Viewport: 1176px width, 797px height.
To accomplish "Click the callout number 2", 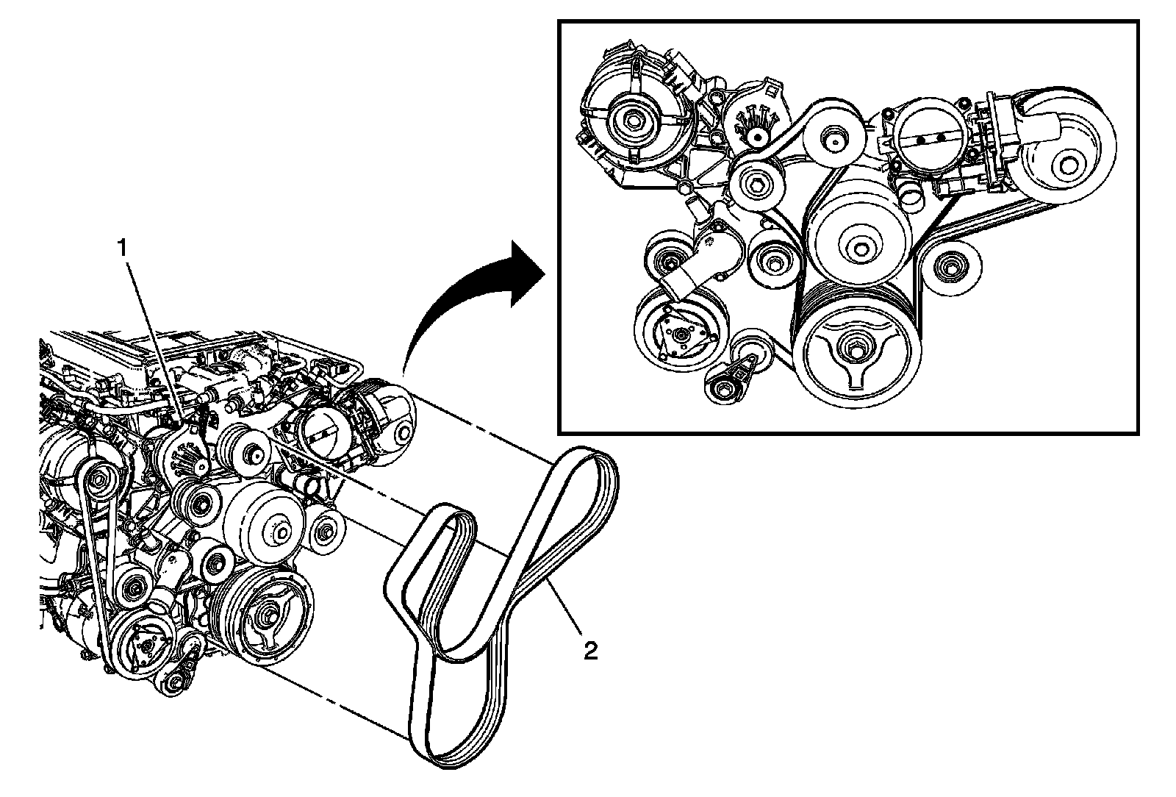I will pyautogui.click(x=591, y=651).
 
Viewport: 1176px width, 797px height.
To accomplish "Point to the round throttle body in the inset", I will pyautogui.click(x=928, y=139).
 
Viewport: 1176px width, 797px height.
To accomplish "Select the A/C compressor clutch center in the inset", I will pyautogui.click(x=680, y=335).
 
